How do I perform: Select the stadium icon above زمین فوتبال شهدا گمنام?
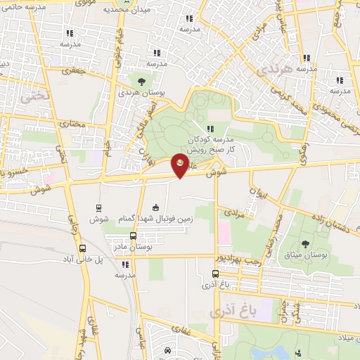coord(156,207)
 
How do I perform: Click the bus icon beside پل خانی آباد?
coord(83,248)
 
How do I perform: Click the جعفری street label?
coord(73,70)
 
